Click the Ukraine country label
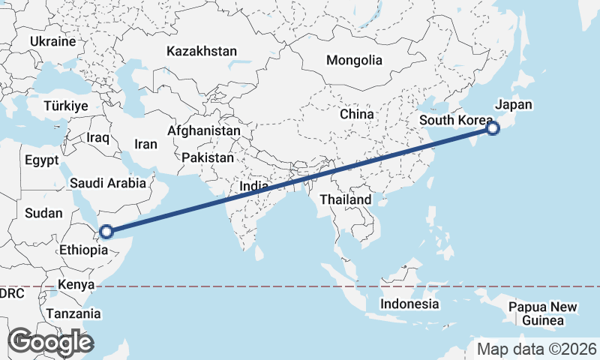[54, 41]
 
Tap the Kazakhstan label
[202, 52]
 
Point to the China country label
[356, 114]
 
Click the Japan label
[514, 104]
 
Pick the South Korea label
[456, 121]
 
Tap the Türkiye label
[66, 106]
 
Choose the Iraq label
[98, 138]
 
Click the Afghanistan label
[204, 130]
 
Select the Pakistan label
[207, 158]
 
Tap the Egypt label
[41, 160]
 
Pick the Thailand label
[346, 199]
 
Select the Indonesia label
[409, 304]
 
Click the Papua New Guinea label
[543, 313]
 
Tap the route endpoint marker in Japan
[493, 128]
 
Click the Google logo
[50, 342]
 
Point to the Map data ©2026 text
[536, 349]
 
